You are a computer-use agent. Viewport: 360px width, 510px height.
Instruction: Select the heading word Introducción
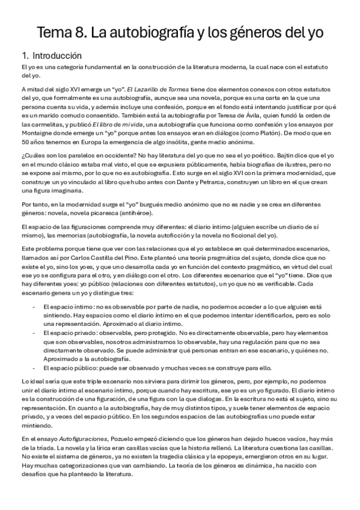tap(56, 55)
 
